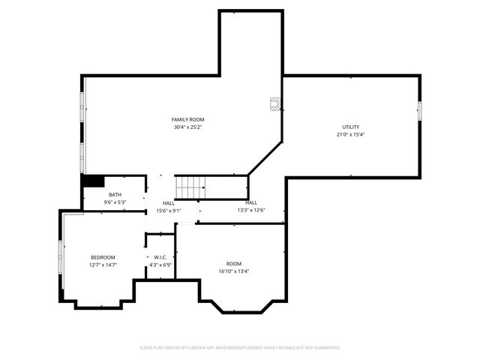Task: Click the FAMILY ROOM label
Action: coord(187,119)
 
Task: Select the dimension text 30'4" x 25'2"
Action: coord(187,127)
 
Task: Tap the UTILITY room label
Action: coord(350,127)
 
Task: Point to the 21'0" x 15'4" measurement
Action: coord(350,135)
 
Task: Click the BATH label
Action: coord(115,194)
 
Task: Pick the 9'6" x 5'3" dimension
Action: coord(115,202)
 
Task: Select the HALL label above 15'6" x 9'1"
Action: coord(169,203)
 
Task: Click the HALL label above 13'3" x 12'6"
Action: coord(251,202)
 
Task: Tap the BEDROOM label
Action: coord(103,257)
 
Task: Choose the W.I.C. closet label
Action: coord(160,257)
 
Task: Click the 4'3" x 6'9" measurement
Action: coord(160,265)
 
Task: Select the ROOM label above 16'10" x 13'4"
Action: coord(234,263)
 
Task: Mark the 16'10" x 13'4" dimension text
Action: coord(234,271)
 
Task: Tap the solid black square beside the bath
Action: coord(92,181)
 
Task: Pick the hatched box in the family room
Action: coord(275,103)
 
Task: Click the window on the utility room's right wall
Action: coord(420,111)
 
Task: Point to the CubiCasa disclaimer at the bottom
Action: coord(240,347)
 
